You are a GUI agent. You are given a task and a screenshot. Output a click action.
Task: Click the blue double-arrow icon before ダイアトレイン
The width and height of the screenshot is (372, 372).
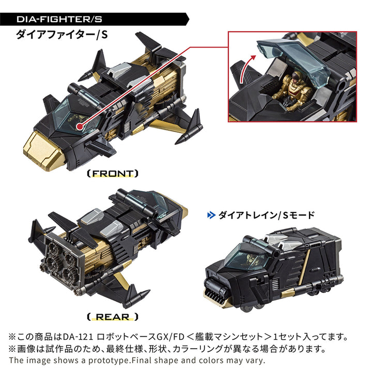point(210,215)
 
